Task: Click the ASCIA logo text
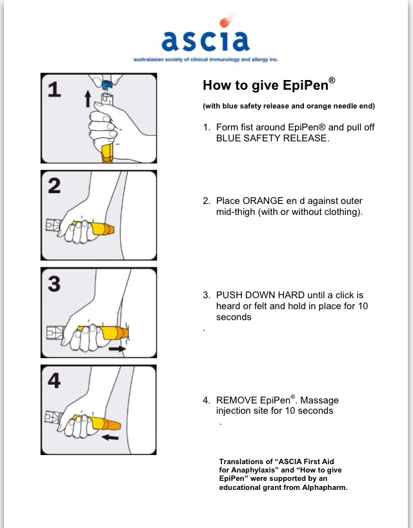pyautogui.click(x=205, y=40)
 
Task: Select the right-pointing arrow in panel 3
pyautogui.click(x=119, y=347)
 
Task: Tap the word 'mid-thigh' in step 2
pyautogui.click(x=237, y=212)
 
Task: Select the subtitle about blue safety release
pyautogui.click(x=288, y=106)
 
